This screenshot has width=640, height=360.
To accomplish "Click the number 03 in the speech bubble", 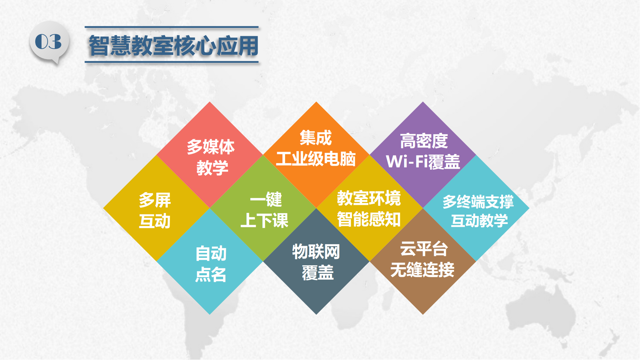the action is coord(48,42).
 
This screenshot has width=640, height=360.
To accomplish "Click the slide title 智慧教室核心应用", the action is coord(173,45).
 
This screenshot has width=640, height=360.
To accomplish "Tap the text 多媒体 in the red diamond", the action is coord(211,147).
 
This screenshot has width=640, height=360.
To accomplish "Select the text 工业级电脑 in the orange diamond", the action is coord(316,159).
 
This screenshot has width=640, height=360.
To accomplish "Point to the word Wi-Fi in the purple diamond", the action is coord(407,161).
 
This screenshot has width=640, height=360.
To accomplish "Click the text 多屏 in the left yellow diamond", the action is coord(155,200).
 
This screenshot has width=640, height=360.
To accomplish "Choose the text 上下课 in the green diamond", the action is coord(265,220).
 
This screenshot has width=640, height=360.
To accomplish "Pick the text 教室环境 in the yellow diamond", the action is coord(369,198).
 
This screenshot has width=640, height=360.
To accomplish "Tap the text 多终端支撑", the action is coord(478,202).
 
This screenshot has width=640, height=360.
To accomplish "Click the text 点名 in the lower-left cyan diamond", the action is coord(211,274).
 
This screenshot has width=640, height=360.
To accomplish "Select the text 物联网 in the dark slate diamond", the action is coord(316,251).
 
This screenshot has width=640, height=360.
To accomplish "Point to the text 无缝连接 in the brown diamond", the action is coord(422,269).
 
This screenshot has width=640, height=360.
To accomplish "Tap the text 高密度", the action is coord(424,141).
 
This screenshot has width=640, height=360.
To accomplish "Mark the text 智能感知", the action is coord(369,219).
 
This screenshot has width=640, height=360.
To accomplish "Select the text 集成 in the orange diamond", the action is coord(316,138).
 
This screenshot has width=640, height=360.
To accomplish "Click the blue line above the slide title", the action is coord(172,27).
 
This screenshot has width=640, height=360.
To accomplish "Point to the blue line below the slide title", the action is coord(172,62).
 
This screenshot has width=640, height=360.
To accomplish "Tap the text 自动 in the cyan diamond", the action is coord(211,253).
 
